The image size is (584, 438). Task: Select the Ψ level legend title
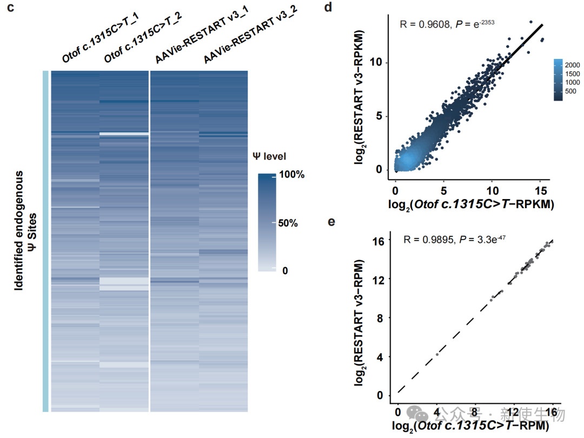tap(270, 156)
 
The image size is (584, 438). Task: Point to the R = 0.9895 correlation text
tap(454, 239)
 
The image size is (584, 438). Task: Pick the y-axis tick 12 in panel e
tap(379, 280)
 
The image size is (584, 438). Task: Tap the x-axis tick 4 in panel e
tap(436, 414)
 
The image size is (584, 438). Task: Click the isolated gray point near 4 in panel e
tap(436, 355)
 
